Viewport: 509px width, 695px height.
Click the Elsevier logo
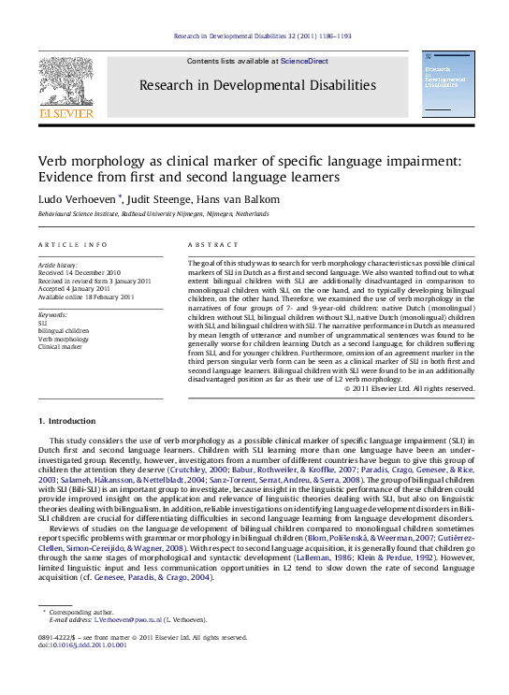point(65,86)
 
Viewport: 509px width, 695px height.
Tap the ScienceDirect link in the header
point(305,61)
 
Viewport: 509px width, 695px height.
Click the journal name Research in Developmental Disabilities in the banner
point(257,86)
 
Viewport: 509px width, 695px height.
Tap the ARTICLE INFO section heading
point(72,244)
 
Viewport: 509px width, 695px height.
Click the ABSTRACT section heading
point(208,244)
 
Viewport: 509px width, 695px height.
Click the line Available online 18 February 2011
point(86,297)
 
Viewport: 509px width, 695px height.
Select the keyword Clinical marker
point(61,346)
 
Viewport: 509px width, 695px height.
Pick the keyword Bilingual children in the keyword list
point(64,331)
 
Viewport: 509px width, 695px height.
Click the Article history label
point(59,265)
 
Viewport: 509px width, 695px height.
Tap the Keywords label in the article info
point(53,316)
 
